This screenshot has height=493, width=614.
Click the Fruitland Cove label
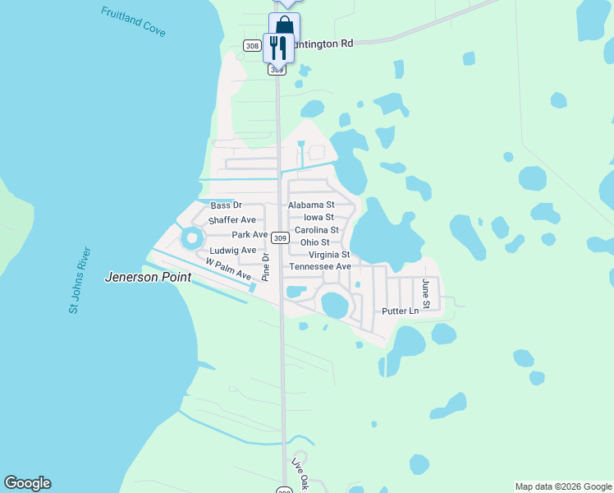[133, 22]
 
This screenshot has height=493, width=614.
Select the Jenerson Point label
[148, 278]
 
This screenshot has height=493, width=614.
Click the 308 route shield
[253, 46]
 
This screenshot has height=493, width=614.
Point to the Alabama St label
[311, 205]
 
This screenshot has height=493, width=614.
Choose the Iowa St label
[318, 217]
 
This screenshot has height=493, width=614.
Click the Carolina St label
[317, 230]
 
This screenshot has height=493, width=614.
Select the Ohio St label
[314, 242]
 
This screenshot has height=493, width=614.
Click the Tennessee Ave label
[320, 267]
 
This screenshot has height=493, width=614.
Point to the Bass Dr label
[227, 205]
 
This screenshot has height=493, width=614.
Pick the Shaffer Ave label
[232, 220]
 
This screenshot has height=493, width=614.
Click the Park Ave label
[250, 235]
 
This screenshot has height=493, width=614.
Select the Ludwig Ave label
[233, 250]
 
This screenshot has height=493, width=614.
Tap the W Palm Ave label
[228, 270]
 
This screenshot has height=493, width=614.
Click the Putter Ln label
[401, 311]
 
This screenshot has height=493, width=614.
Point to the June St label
[426, 289]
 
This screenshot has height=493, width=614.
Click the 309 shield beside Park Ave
[281, 238]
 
